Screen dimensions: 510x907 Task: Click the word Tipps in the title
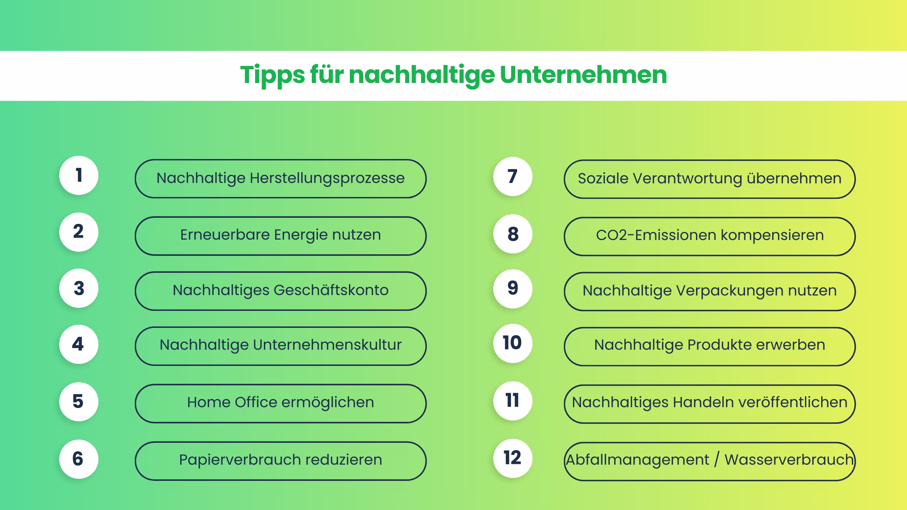(272, 75)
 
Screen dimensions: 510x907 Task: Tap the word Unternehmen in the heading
(583, 75)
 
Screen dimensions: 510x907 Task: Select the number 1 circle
(79, 175)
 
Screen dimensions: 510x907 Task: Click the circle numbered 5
(79, 402)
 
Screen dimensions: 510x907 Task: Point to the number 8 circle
(513, 234)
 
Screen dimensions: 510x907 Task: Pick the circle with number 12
(513, 458)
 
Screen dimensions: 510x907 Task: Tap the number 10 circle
(513, 343)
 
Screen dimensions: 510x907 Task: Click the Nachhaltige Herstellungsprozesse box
(280, 178)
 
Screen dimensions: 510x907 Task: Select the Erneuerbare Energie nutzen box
(280, 236)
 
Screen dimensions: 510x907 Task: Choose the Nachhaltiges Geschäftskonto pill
(280, 291)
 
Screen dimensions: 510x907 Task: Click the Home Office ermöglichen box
(280, 403)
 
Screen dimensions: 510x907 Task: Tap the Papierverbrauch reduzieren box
(280, 461)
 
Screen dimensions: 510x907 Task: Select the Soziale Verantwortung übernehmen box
(709, 179)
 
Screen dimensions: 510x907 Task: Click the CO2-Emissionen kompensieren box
(709, 236)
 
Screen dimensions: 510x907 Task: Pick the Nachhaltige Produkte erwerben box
(709, 346)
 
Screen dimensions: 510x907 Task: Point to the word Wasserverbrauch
(789, 460)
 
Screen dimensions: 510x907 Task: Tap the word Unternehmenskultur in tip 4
(327, 345)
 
